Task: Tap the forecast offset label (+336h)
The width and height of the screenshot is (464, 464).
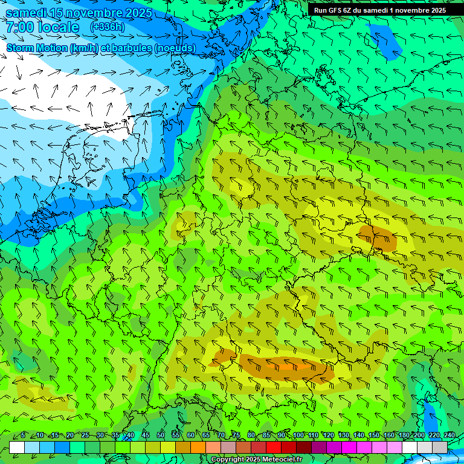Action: pos(108,27)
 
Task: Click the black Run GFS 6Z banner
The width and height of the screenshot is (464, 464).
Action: pos(379,10)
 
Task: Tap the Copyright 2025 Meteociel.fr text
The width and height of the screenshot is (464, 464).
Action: pos(256,460)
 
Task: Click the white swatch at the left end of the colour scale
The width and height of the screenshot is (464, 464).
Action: pos(17,447)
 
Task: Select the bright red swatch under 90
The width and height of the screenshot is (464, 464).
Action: pos(274,447)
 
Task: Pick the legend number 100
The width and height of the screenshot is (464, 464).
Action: pos(298,435)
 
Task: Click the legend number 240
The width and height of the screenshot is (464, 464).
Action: pos(449,435)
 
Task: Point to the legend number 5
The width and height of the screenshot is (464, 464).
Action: pos(23,435)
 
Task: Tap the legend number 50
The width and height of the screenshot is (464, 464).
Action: pos(160,435)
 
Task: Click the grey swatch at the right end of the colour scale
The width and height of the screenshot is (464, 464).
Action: pos(440,447)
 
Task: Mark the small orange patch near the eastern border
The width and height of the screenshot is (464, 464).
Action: pos(377,237)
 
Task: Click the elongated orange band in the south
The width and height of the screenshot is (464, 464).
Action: pos(284,365)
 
